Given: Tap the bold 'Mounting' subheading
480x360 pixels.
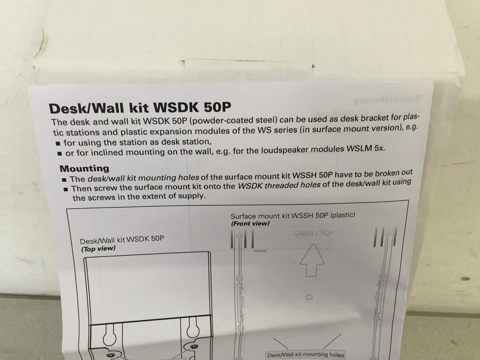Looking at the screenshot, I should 84,168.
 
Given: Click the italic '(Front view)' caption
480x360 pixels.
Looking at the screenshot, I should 250,223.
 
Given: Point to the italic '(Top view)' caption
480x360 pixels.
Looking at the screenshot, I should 98,249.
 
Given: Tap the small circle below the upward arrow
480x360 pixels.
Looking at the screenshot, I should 310,298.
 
